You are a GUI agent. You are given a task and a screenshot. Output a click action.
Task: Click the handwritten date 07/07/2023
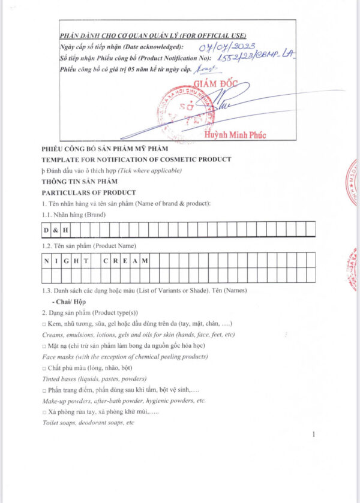point(220,47)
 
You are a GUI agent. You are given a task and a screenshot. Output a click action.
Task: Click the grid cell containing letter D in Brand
point(46,229)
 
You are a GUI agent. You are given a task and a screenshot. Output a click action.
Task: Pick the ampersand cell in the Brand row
point(56,229)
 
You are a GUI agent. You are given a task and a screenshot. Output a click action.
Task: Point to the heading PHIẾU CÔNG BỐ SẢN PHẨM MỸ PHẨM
point(105,149)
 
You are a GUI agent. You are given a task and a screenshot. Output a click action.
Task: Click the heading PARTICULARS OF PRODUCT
point(88,192)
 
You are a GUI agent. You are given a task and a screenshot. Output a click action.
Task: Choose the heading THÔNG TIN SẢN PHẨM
point(80,181)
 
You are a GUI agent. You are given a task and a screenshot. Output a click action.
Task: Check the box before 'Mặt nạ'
point(44,347)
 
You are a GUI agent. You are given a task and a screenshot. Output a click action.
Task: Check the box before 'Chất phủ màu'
point(44,368)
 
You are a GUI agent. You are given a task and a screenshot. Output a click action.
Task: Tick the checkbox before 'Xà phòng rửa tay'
point(44,413)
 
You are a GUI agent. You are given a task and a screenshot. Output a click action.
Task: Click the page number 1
point(314,434)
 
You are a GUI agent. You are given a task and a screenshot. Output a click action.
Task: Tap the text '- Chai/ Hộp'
point(69,302)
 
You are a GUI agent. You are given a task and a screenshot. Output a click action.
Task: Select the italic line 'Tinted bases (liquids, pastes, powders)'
point(94,379)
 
